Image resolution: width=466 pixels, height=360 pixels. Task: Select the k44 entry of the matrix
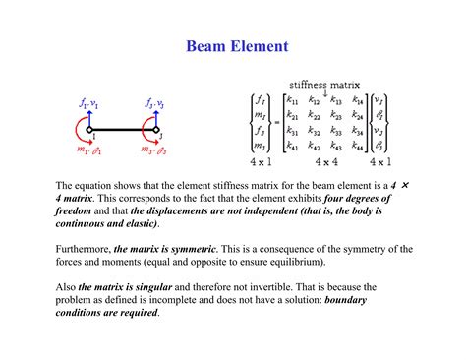pyautogui.click(x=358, y=146)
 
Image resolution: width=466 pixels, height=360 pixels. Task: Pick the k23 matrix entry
pyautogui.click(x=336, y=115)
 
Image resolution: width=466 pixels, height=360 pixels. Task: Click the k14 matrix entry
pyautogui.click(x=358, y=99)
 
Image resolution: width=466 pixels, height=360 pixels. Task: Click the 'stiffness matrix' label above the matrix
pyautogui.click(x=324, y=83)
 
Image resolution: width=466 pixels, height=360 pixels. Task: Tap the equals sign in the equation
pyautogui.click(x=274, y=123)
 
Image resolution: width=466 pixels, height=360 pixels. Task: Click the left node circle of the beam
pyautogui.click(x=88, y=130)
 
